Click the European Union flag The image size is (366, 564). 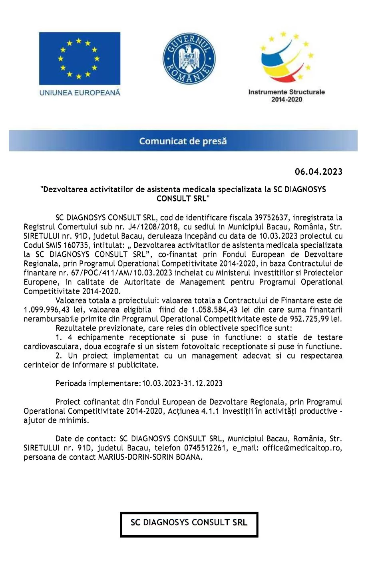[x=80, y=58]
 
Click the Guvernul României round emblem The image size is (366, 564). [x=189, y=59]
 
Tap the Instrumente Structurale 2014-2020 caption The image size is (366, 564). [x=286, y=96]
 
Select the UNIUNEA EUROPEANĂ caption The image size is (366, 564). [x=80, y=93]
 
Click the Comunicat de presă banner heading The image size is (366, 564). [x=183, y=141]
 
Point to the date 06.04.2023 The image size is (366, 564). [x=318, y=172]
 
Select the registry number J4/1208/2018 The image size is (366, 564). [x=153, y=227]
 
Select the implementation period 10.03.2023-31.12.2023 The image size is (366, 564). [x=182, y=383]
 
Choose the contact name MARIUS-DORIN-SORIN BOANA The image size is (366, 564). [x=150, y=457]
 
